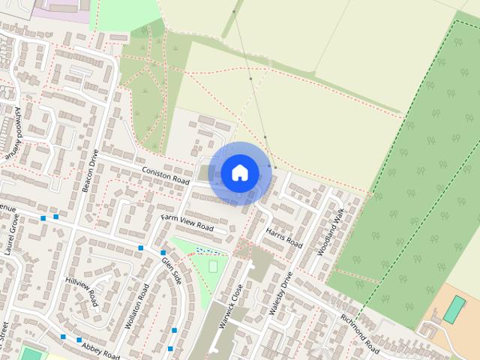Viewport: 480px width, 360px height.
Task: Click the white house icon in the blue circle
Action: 239,172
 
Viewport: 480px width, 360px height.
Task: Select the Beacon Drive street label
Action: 91,172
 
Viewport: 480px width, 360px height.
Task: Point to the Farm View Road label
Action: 187,223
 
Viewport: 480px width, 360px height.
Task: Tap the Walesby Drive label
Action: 279,292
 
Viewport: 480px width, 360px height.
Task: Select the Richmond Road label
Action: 361,334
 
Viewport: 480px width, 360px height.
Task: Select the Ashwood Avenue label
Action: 14,131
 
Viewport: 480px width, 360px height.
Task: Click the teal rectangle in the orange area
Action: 454,309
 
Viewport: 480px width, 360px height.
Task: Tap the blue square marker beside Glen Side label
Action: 163,253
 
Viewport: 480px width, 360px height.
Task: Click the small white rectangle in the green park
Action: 214,265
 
